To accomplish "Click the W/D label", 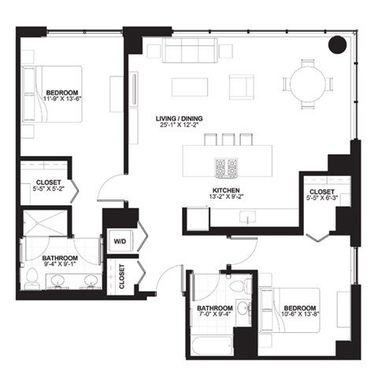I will coord(120,241).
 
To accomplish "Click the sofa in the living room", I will coord(191,53).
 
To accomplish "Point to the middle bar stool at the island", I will coord(228,140).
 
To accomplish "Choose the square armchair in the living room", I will coord(243,86).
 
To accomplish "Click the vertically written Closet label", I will coord(122,277).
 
